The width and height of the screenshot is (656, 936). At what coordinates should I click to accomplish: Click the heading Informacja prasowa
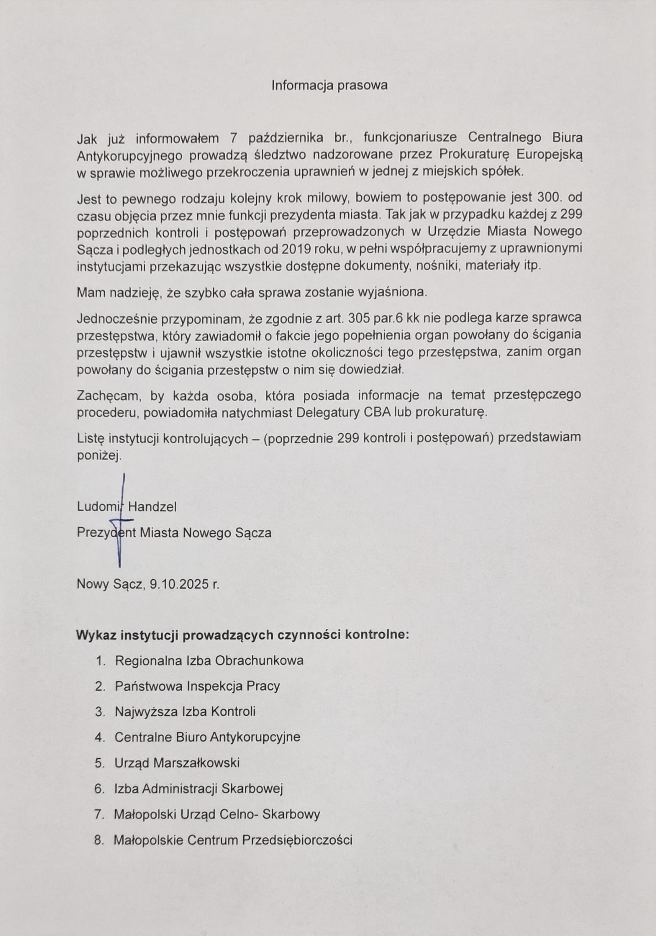[329, 85]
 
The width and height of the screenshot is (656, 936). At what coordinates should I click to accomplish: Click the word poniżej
[99, 455]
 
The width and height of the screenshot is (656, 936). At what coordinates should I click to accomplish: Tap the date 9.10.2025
[179, 584]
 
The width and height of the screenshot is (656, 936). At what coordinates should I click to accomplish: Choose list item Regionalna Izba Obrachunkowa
[209, 660]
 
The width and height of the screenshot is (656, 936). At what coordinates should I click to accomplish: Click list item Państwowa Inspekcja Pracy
[197, 686]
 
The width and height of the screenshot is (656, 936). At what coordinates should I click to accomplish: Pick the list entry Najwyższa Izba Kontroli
[185, 712]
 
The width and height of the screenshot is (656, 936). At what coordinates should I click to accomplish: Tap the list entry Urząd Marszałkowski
[177, 763]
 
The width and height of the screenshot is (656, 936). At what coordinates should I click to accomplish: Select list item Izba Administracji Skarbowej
[199, 788]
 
